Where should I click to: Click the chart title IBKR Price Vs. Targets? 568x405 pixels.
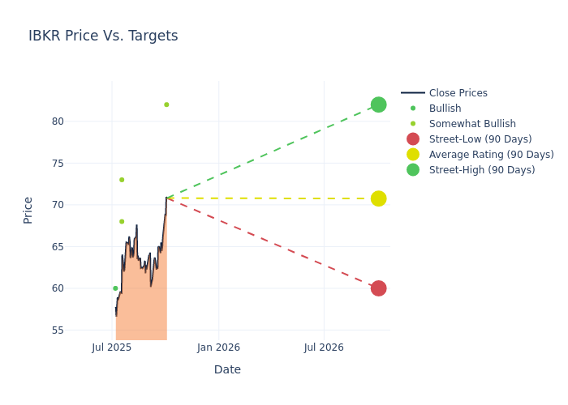(x=103, y=36)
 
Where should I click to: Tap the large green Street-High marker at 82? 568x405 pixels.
(x=378, y=104)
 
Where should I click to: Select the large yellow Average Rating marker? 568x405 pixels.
(x=378, y=198)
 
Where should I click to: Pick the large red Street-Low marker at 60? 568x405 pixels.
(x=378, y=288)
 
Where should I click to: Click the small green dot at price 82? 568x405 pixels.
(x=166, y=104)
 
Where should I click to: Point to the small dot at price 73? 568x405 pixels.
(x=122, y=180)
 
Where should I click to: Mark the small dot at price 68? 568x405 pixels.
(x=122, y=221)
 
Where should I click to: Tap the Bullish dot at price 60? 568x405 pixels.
(x=115, y=288)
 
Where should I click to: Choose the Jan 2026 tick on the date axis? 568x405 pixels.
(x=218, y=347)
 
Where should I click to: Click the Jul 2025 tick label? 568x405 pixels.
(x=112, y=347)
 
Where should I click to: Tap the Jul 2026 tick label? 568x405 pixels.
(x=324, y=347)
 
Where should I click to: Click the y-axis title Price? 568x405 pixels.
(x=28, y=210)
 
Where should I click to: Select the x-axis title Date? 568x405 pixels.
(x=227, y=370)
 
